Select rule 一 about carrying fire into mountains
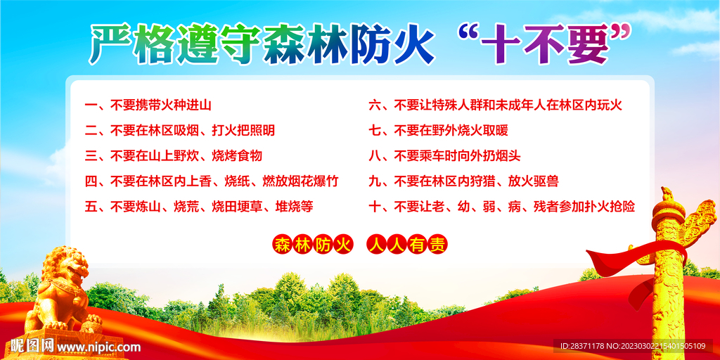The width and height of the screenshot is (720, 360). click(x=148, y=105)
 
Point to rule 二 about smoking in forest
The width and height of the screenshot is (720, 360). click(x=179, y=131)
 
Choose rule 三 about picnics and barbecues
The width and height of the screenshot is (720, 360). click(x=173, y=156)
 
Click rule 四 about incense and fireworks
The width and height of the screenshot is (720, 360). click(x=211, y=181)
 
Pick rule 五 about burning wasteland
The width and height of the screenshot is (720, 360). click(x=199, y=207)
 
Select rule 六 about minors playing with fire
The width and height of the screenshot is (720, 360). click(x=495, y=105)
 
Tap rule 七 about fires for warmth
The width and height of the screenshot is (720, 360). click(x=438, y=131)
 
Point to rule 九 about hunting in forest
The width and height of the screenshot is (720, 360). click(x=463, y=181)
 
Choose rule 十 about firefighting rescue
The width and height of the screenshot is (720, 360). click(x=501, y=207)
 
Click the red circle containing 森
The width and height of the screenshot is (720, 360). click(x=282, y=245)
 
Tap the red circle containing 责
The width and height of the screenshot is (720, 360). click(x=437, y=245)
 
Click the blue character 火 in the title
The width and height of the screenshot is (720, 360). click(x=413, y=46)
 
